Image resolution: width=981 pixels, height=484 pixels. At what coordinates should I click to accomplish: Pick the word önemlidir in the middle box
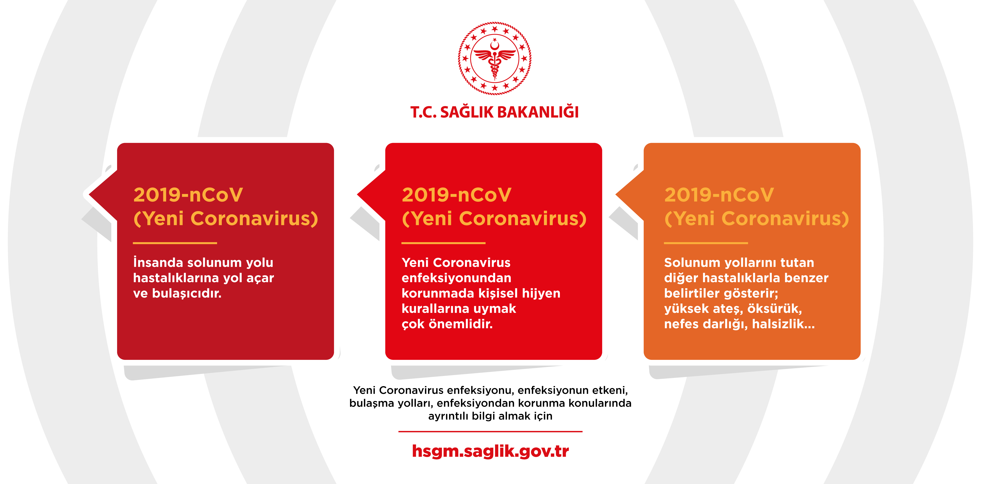click(461, 324)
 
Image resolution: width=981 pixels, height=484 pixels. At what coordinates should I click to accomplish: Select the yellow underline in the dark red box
click(175, 243)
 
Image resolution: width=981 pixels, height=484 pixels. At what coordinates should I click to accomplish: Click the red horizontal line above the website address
click(490, 431)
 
